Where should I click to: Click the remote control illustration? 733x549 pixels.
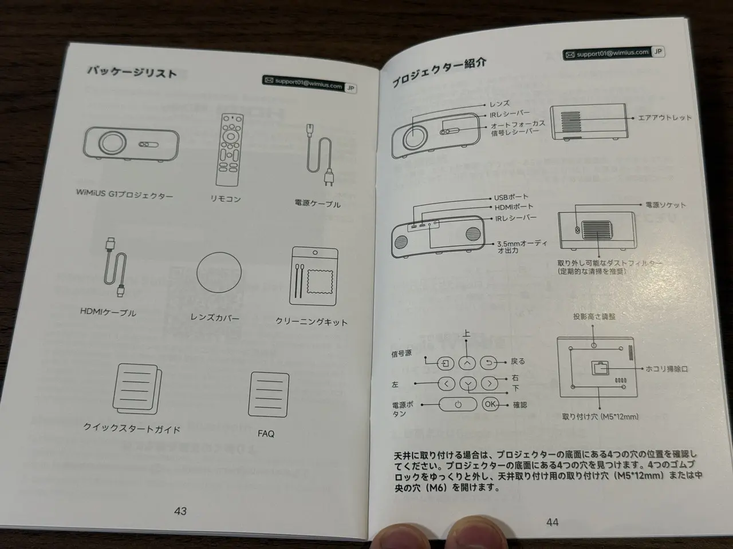pyautogui.click(x=229, y=150)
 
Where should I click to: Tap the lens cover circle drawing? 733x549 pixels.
pyautogui.click(x=219, y=272)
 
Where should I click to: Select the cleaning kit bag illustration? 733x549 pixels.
pyautogui.click(x=314, y=276)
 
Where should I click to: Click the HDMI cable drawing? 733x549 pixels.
pyautogui.click(x=115, y=266)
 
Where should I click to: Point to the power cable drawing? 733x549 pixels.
pyautogui.click(x=319, y=154)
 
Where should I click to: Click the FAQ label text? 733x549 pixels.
pyautogui.click(x=266, y=433)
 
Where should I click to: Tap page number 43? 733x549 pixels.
pyautogui.click(x=180, y=511)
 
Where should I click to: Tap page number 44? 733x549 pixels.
pyautogui.click(x=553, y=522)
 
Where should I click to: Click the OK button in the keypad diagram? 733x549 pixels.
pyautogui.click(x=490, y=404)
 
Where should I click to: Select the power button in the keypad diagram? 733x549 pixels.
pyautogui.click(x=458, y=404)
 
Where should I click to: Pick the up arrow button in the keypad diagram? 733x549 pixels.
pyautogui.click(x=467, y=363)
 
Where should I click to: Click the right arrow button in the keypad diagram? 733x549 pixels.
pyautogui.click(x=489, y=383)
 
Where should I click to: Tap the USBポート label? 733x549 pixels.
pyautogui.click(x=511, y=197)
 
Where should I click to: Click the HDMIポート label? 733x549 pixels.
pyautogui.click(x=514, y=208)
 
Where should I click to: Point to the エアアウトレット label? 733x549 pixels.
pyautogui.click(x=664, y=118)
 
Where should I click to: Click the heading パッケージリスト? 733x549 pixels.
pyautogui.click(x=132, y=71)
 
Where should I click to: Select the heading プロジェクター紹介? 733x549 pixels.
pyautogui.click(x=439, y=73)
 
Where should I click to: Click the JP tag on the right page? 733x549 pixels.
pyautogui.click(x=657, y=51)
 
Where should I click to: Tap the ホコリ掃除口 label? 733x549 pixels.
pyautogui.click(x=667, y=369)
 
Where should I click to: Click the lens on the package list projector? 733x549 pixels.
pyautogui.click(x=112, y=143)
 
